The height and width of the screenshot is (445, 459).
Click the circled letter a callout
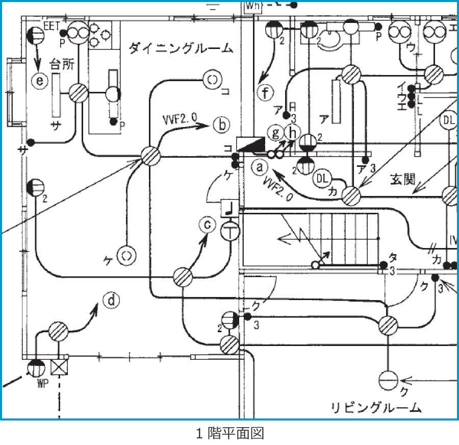point(260,166)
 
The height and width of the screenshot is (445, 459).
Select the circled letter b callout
point(221,125)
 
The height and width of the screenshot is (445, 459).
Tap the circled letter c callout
point(207,225)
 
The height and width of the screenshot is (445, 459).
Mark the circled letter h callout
point(292,133)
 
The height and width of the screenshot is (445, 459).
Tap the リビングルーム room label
point(376,407)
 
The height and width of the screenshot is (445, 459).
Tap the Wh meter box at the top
point(253,6)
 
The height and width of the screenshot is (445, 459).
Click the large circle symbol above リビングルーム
point(390,381)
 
